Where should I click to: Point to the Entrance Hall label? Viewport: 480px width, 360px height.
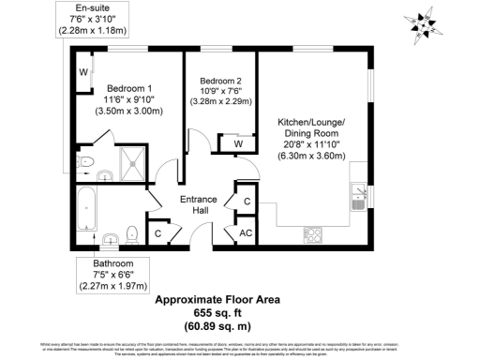[200, 204]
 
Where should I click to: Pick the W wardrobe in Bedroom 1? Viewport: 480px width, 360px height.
[83, 72]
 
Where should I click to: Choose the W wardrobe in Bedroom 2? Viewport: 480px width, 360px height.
[237, 144]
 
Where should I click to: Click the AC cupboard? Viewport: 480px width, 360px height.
[247, 232]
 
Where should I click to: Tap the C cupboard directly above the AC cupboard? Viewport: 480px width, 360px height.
[247, 202]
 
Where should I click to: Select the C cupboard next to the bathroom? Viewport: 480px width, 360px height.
[157, 232]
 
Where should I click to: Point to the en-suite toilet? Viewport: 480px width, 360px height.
[87, 164]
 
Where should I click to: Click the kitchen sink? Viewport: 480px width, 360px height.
[357, 198]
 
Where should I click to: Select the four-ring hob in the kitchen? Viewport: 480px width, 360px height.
[313, 235]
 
